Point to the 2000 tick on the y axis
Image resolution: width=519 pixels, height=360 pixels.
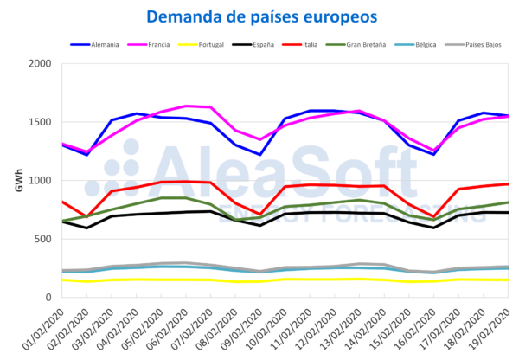[40, 64]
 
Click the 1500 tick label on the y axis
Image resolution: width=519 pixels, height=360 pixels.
[40, 122]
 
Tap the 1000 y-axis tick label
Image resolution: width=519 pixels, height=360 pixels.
[40, 181]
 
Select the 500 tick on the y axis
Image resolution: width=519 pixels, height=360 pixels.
[43, 239]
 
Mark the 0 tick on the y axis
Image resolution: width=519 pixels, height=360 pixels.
[48, 297]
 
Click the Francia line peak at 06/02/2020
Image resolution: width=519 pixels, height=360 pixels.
[186, 106]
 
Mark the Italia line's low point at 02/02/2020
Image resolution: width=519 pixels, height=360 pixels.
[86, 216]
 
